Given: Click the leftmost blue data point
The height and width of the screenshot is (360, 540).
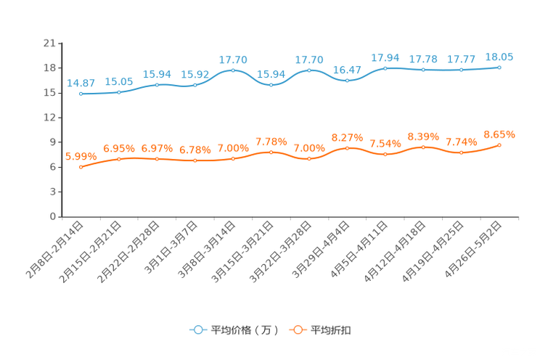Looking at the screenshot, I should (81, 94).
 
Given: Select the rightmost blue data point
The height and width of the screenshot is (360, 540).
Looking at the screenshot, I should (499, 67).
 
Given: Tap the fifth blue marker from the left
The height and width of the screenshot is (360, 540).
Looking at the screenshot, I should (233, 70).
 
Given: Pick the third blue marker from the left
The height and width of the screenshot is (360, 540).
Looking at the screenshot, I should (157, 85).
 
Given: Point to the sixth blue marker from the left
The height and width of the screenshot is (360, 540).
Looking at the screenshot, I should (271, 84).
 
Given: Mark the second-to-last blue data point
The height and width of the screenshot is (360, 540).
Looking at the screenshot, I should (461, 70).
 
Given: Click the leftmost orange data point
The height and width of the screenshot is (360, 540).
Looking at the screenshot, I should (81, 167).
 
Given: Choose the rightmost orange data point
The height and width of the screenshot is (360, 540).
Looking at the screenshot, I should (499, 145).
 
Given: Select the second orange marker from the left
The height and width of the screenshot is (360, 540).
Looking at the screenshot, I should (118, 158).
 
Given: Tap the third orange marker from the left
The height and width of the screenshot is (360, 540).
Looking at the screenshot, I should (157, 158).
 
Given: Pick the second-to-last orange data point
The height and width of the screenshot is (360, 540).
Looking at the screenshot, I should (461, 153).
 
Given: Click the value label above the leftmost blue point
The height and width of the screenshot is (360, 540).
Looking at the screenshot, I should (80, 83).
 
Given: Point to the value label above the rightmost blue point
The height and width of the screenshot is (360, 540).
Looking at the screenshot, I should (499, 56).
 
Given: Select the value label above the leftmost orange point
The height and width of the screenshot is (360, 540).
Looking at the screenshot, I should (80, 155).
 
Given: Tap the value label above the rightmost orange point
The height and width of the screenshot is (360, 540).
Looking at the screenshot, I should (499, 134).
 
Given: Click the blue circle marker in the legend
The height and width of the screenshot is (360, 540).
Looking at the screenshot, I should (197, 330).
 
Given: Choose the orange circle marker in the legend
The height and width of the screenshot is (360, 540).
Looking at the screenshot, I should (297, 330).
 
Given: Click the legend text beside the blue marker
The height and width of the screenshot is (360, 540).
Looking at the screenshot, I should (244, 330).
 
